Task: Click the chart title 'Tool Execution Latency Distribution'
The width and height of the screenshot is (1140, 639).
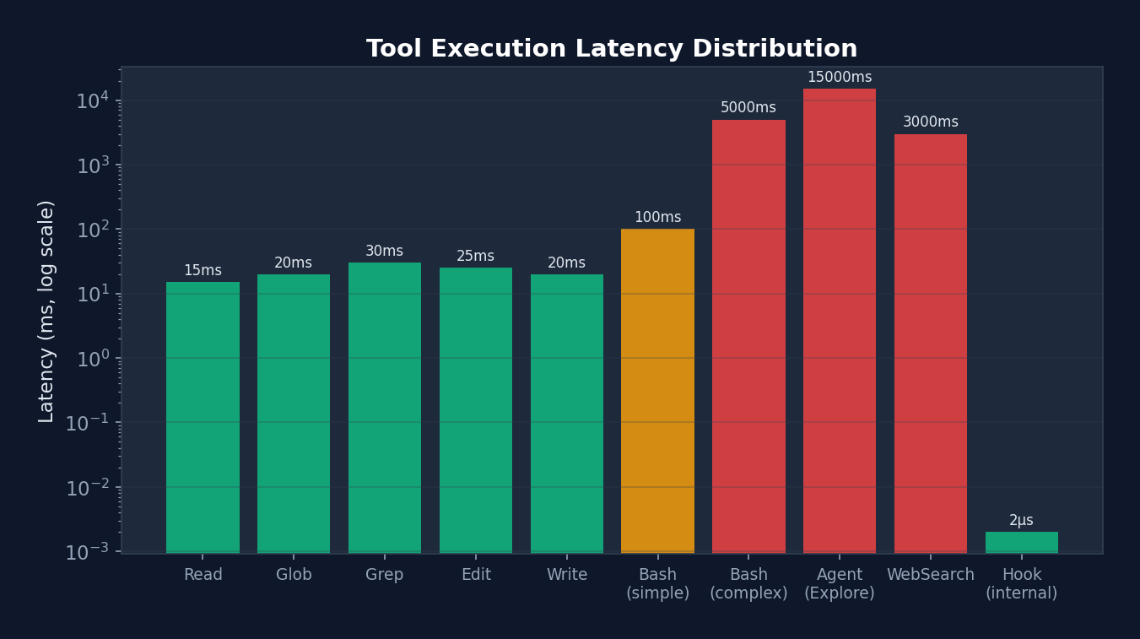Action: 611,49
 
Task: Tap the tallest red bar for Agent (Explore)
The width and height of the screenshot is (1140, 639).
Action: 839,321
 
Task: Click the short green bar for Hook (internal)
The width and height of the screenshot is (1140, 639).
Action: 1021,542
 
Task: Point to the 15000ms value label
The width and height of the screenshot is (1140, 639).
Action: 839,78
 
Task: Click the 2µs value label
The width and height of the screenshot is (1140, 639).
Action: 1021,521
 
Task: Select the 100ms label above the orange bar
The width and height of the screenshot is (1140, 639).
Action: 657,218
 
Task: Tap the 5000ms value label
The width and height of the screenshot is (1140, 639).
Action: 748,108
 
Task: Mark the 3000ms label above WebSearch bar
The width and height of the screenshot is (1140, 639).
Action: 930,122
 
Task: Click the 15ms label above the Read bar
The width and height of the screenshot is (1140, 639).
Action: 203,271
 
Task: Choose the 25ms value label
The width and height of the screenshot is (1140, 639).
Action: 475,257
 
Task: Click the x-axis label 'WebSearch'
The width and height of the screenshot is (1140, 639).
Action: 930,575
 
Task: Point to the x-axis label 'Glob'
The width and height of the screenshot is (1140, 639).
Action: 294,575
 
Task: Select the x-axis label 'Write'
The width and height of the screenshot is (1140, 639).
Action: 566,575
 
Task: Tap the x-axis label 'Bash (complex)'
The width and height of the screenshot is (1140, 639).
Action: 748,584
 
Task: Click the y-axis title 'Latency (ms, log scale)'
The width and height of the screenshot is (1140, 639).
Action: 46,311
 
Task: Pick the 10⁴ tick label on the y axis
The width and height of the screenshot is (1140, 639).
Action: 92,101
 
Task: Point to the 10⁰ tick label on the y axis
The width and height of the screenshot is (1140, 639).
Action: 92,359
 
